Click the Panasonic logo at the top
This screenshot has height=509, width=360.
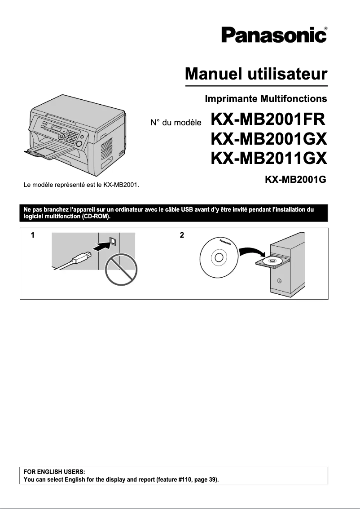[x=273, y=35]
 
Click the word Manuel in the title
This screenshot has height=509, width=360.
[x=211, y=73]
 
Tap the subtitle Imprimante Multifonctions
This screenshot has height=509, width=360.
[x=265, y=98]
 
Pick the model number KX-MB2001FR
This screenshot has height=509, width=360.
[x=268, y=120]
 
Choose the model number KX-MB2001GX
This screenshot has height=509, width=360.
[x=268, y=139]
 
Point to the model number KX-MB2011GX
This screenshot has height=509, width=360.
[x=268, y=158]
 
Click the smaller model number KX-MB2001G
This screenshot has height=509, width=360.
[x=295, y=180]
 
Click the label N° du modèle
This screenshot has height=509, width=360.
[x=176, y=122]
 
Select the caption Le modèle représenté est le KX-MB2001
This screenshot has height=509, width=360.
[x=81, y=184]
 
